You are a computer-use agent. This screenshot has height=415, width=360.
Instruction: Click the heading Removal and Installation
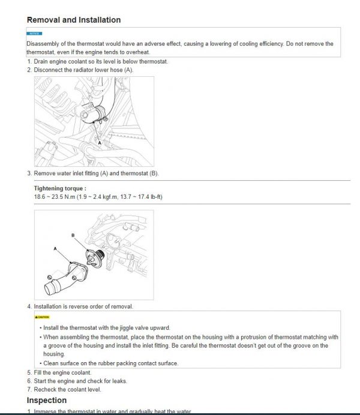point(73,20)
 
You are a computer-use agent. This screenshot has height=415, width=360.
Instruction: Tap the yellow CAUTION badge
point(42,317)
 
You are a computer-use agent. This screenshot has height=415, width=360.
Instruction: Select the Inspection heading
point(47,400)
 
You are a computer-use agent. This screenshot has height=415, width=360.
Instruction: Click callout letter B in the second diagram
point(73,235)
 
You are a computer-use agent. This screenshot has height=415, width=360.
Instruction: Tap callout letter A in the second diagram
point(55,248)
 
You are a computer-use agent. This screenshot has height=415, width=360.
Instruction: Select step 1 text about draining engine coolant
point(99,61)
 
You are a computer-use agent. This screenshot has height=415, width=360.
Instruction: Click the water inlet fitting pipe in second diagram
point(63,276)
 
